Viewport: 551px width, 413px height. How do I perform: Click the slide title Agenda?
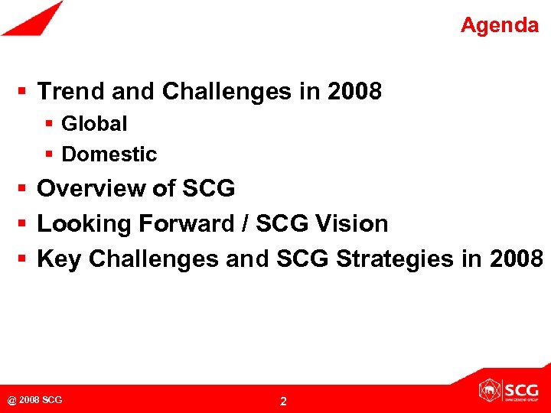coord(499,25)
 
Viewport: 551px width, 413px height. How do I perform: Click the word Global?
coord(94,123)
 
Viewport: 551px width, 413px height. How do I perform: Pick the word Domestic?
coord(109,154)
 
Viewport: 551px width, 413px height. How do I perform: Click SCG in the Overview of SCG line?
coord(208,188)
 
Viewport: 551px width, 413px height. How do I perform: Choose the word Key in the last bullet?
coord(60,259)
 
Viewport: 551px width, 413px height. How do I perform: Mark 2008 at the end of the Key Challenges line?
coord(516,259)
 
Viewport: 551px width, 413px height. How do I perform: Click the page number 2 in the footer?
coord(283,402)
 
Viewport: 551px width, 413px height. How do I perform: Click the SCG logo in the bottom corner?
coord(508,390)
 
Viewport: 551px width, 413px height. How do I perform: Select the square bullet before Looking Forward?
coord(24,224)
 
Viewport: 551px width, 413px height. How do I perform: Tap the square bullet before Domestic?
coord(50,154)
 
